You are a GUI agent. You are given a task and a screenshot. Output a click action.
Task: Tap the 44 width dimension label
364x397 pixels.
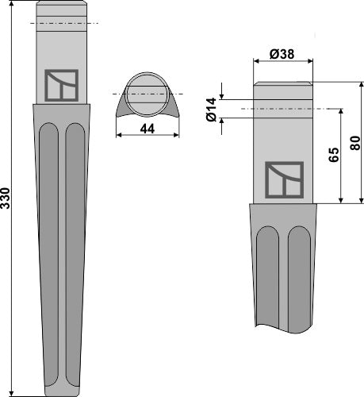[146, 127]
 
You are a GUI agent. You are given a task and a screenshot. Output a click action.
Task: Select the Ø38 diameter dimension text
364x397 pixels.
[283, 54]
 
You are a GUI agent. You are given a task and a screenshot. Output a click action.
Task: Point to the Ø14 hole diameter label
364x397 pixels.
[212, 108]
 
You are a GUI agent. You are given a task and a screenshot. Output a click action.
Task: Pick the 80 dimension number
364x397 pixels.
[354, 143]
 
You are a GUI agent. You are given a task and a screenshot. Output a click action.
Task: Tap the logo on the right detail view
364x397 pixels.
[283, 177]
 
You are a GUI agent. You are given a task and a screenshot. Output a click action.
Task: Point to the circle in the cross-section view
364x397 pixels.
[146, 88]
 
